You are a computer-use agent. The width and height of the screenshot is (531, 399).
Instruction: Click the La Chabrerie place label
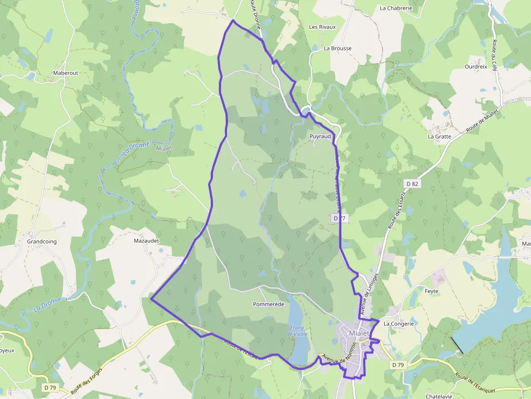396,8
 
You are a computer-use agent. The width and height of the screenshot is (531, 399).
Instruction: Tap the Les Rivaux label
322,27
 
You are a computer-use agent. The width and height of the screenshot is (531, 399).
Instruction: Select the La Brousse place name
338,48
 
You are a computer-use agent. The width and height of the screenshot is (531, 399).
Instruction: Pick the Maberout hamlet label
66,73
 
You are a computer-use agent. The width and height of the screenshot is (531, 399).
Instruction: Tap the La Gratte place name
439,136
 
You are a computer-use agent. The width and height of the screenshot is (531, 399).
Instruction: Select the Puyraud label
320,136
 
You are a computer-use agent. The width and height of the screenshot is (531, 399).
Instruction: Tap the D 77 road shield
340,218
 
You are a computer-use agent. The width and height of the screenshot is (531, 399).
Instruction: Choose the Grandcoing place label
42,241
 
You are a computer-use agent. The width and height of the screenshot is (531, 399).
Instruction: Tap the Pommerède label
269,304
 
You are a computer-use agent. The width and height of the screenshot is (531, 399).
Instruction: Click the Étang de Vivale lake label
297,331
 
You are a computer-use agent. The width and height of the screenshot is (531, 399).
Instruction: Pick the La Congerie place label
399,324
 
